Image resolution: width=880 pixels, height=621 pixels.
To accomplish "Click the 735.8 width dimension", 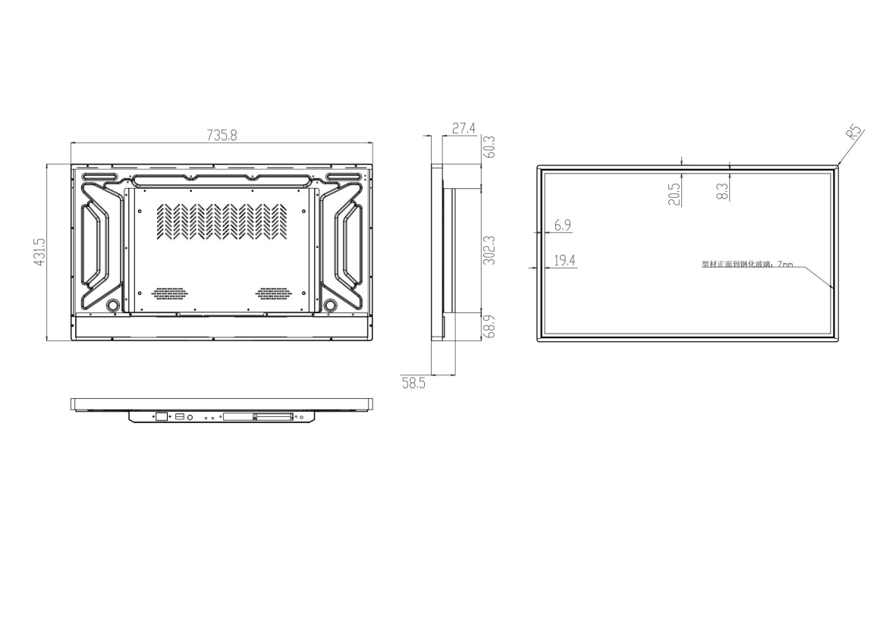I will pyautogui.click(x=222, y=135).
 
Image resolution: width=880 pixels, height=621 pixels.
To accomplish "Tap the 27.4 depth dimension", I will pyautogui.click(x=463, y=129).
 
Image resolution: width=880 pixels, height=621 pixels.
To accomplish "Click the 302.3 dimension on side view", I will pyautogui.click(x=489, y=249).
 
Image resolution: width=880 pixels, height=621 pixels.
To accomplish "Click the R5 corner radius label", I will pyautogui.click(x=855, y=133).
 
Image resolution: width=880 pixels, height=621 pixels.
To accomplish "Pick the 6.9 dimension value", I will pyautogui.click(x=563, y=225).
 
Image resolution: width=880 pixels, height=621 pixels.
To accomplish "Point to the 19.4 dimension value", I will pyautogui.click(x=564, y=261).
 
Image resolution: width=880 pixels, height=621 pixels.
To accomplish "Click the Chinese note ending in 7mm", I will pyautogui.click(x=746, y=265).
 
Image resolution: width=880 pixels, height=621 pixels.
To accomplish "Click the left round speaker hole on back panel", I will pyautogui.click(x=112, y=305).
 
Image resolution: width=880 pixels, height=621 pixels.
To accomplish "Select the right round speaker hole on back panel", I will pyautogui.click(x=331, y=305).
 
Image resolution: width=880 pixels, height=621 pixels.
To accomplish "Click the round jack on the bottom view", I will pyautogui.click(x=190, y=416).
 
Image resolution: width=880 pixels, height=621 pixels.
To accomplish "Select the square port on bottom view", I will pyautogui.click(x=162, y=416).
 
